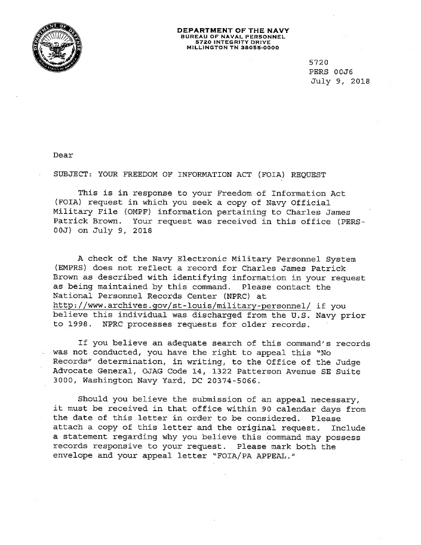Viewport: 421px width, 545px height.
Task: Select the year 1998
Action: pos(79,325)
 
